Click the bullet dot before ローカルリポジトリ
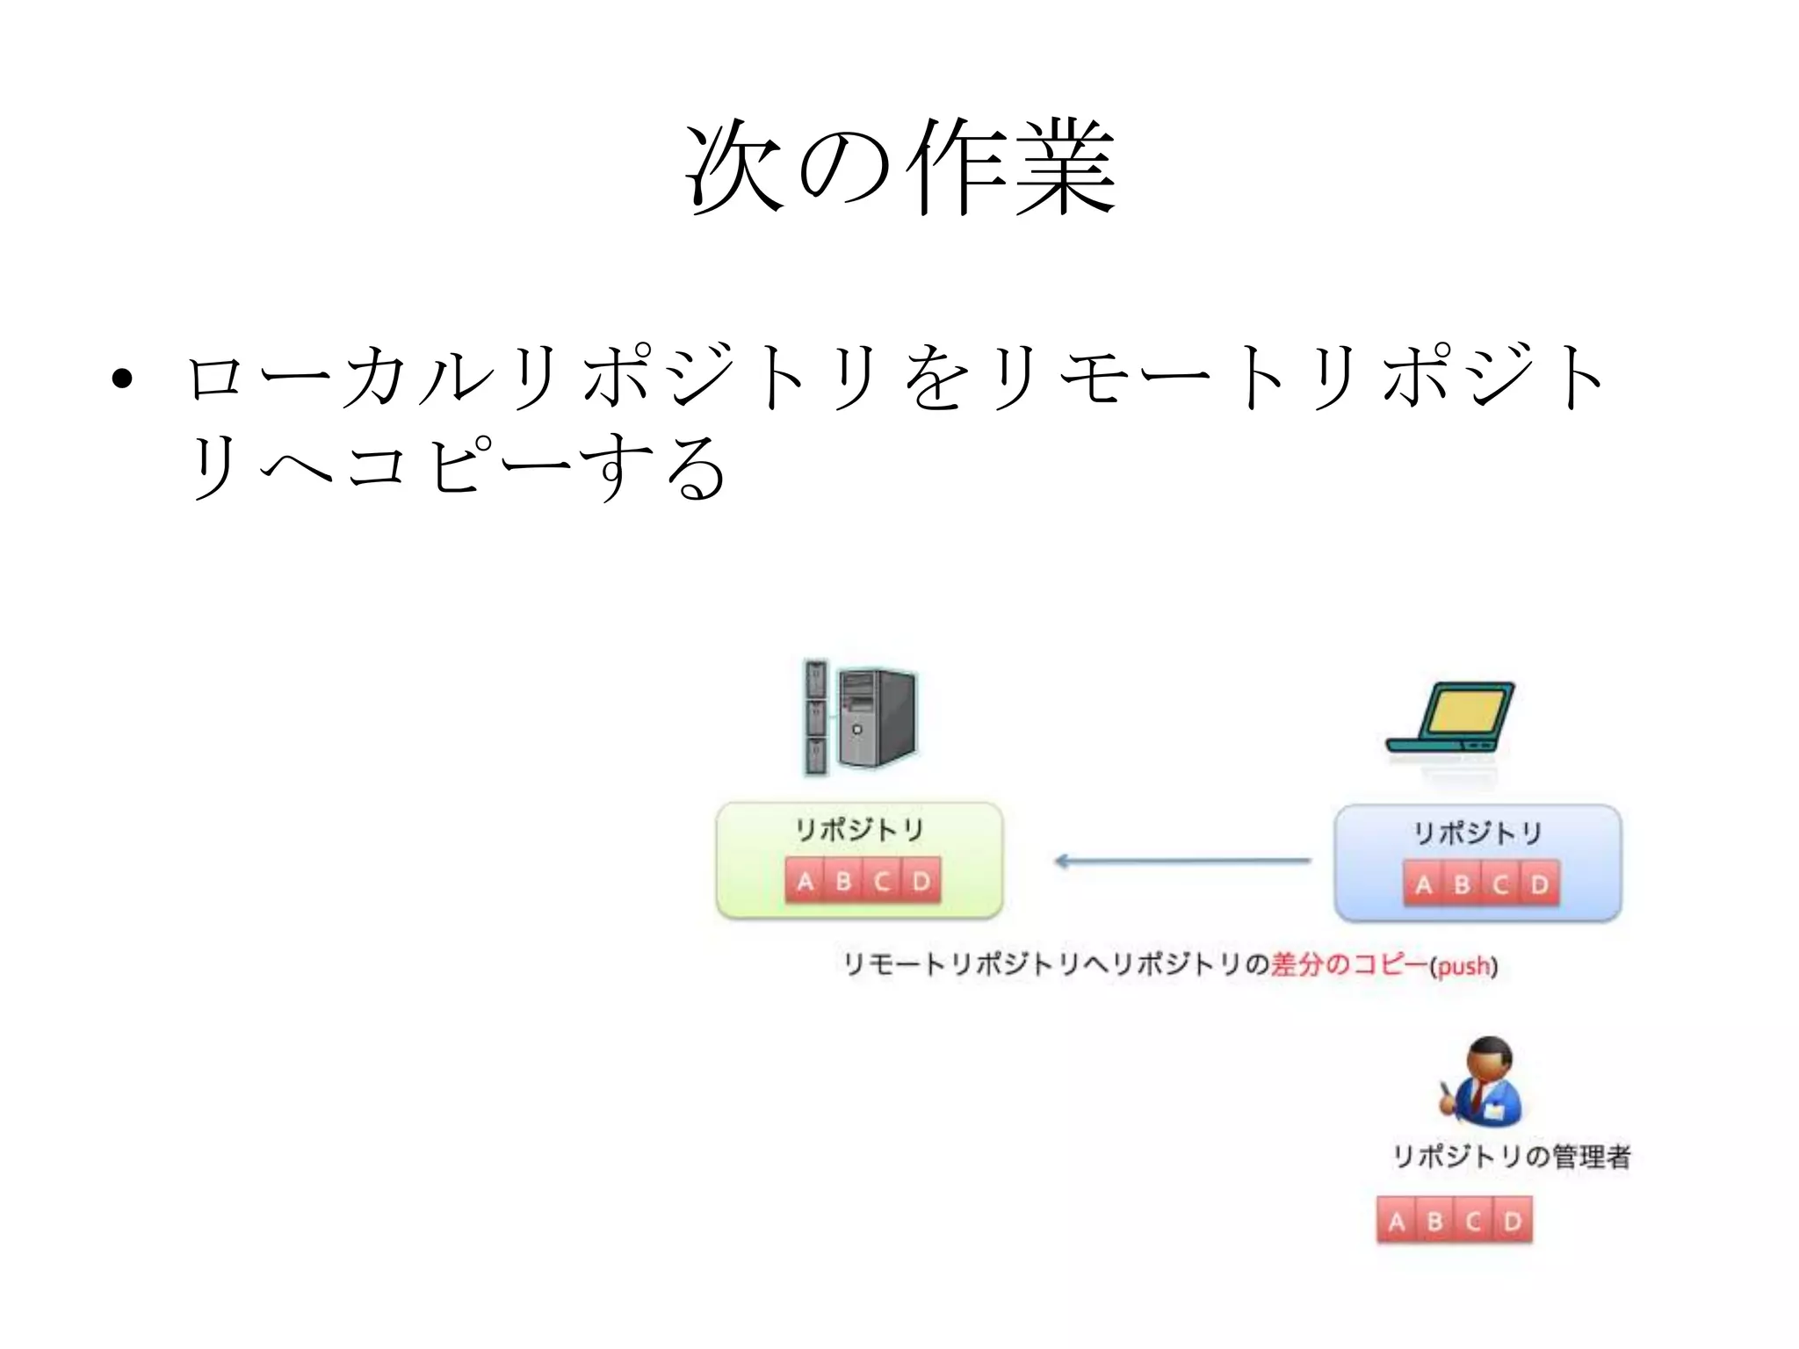(x=122, y=379)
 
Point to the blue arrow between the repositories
(x=1181, y=861)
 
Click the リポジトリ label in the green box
(x=859, y=829)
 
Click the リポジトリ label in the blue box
(x=1477, y=833)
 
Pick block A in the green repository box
(x=805, y=881)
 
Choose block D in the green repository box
(x=921, y=881)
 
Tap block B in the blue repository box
(x=1462, y=884)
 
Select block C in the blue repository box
(x=1500, y=884)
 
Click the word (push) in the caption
(x=1463, y=966)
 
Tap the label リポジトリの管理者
(x=1511, y=1156)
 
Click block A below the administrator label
(x=1397, y=1221)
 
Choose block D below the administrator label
(x=1513, y=1221)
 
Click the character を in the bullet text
(x=937, y=378)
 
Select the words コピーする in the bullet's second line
(x=536, y=465)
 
